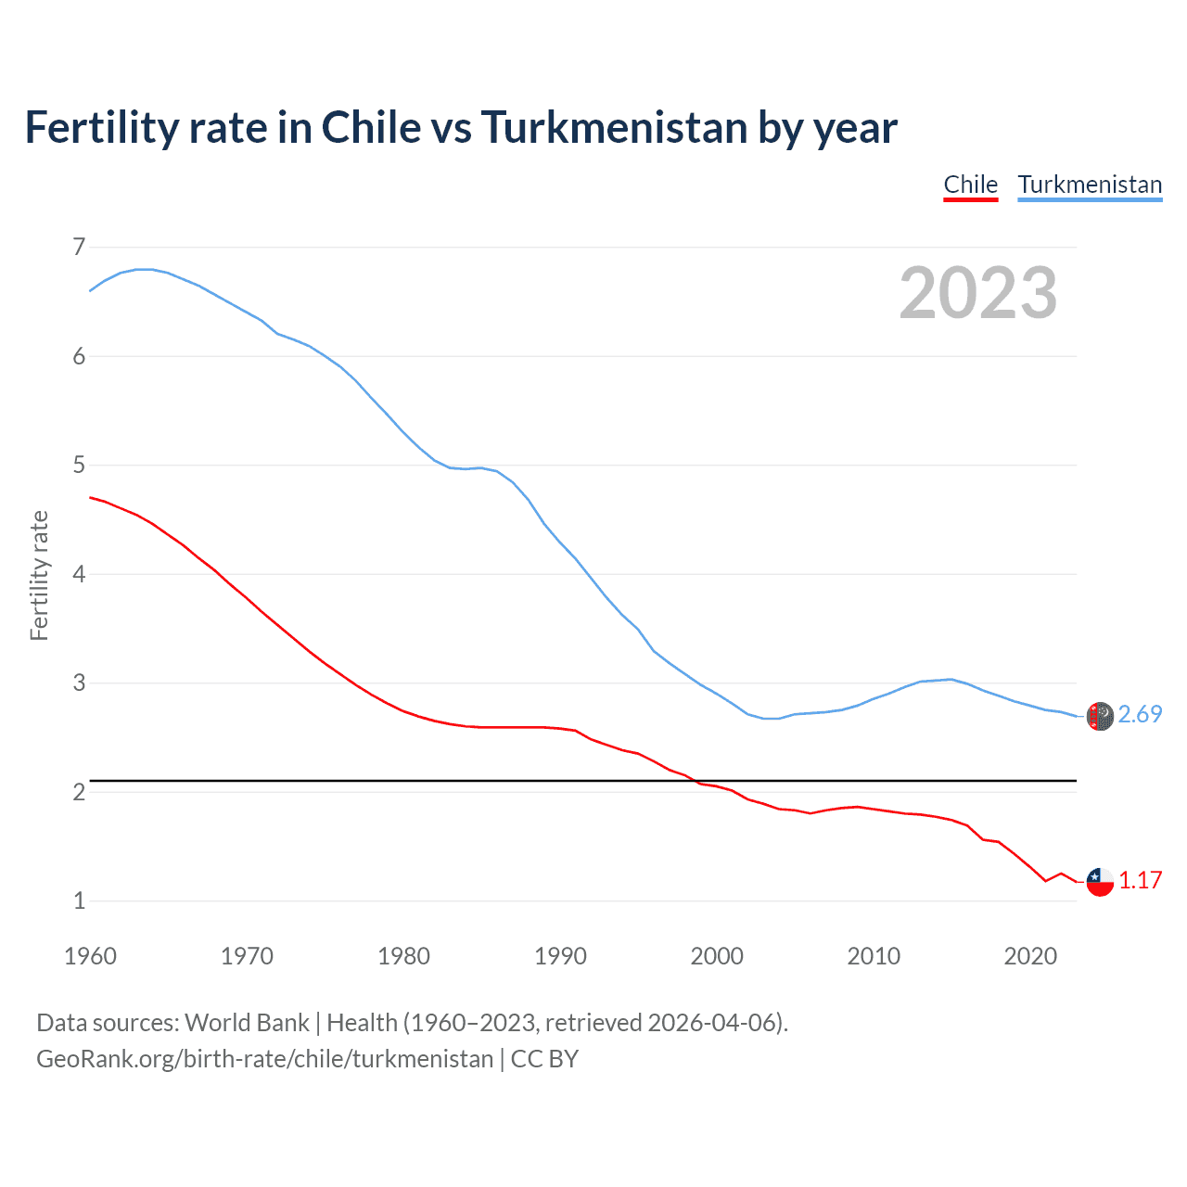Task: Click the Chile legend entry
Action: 970,185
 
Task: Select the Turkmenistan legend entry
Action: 1090,185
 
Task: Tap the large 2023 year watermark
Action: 977,293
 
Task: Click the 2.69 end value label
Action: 1140,714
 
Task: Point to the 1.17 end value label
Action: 1140,880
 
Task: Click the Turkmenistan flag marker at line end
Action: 1100,716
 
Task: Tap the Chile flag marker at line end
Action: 1100,881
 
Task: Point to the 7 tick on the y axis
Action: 79,247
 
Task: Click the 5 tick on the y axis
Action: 79,465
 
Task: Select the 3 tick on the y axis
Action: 79,683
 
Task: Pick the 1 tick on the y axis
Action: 79,900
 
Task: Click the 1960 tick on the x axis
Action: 90,956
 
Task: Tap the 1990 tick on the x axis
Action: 560,956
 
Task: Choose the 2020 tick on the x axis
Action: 1030,956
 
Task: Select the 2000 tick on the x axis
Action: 717,956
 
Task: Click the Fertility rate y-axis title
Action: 39,575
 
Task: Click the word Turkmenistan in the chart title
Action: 614,128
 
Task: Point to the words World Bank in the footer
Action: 247,1023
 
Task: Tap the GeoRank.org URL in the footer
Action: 264,1059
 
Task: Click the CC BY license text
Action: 544,1059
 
